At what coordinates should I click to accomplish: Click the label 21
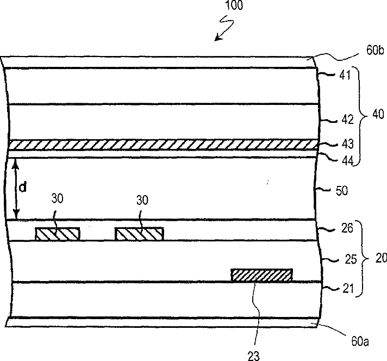(344, 289)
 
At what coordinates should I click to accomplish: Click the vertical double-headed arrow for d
(16, 189)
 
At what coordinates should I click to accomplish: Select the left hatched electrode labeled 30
(58, 234)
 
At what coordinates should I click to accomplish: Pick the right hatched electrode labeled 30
(139, 234)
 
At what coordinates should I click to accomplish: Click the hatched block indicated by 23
(261, 275)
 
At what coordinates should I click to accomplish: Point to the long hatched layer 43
(163, 145)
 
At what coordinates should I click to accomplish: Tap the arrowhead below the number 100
(217, 39)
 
